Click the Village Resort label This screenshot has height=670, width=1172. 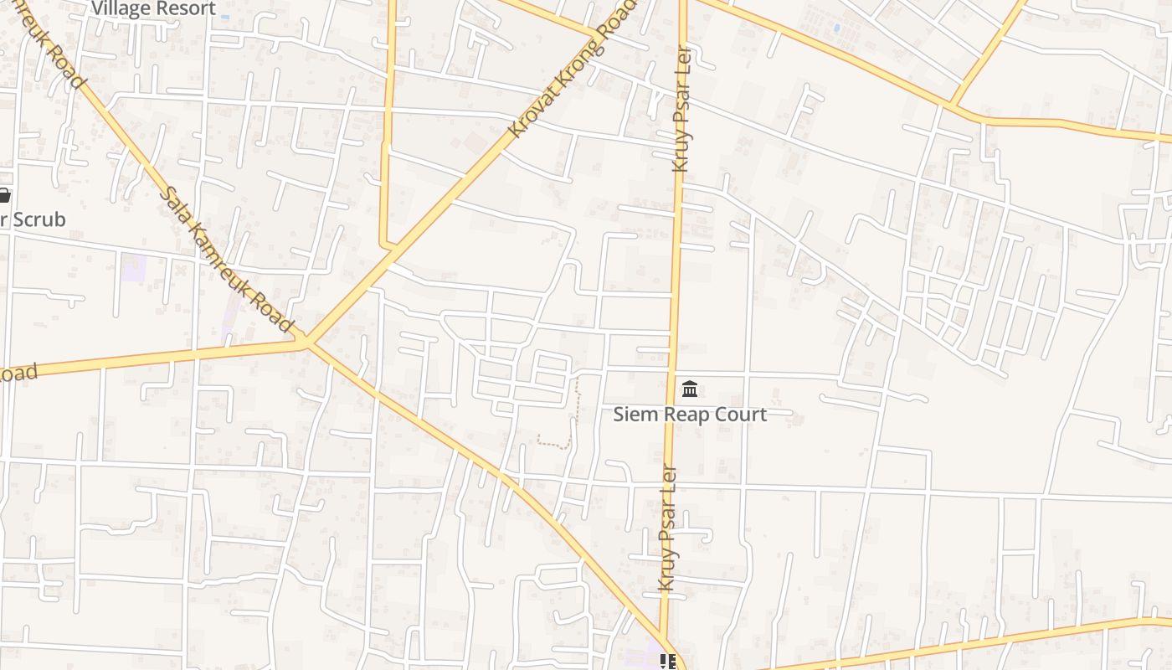pyautogui.click(x=153, y=8)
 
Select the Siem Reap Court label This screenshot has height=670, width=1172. pyautogui.click(x=690, y=414)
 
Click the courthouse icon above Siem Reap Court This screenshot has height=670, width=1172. pyautogui.click(x=690, y=389)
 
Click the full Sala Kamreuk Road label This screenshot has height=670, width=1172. pyautogui.click(x=226, y=259)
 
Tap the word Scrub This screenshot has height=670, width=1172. pyautogui.click(x=40, y=219)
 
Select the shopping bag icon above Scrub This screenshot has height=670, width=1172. pyautogui.click(x=3, y=196)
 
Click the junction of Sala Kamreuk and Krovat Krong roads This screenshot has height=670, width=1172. pyautogui.click(x=306, y=342)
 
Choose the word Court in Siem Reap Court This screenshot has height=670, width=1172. pyautogui.click(x=741, y=414)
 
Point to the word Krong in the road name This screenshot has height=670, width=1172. pyautogui.click(x=577, y=66)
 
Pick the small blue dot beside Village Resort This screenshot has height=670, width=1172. pyautogui.click(x=226, y=17)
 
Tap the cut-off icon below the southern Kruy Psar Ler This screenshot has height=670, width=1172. pyautogui.click(x=667, y=662)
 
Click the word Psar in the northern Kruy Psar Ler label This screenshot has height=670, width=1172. pyautogui.click(x=682, y=117)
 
